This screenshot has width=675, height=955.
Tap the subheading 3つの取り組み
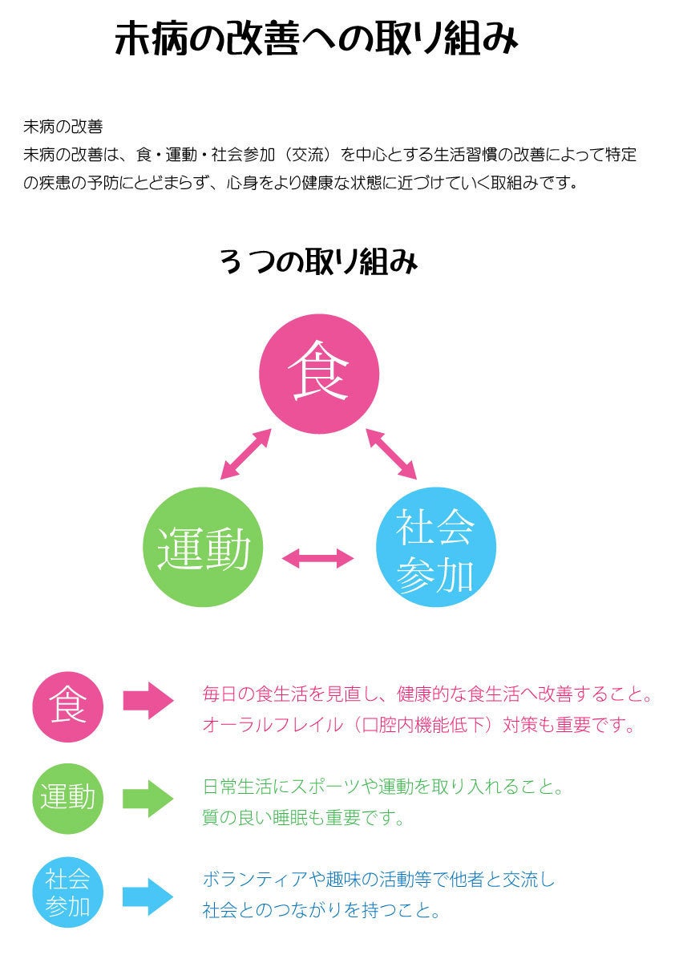tap(318, 263)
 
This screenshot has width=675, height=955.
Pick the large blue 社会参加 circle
tap(435, 548)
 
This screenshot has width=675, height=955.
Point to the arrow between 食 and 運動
tap(245, 455)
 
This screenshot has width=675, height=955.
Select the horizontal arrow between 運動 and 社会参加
tap(318, 558)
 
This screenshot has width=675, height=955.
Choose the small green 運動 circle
tap(67, 798)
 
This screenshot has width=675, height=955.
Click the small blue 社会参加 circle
tap(67, 892)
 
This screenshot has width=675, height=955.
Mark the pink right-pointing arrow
tap(148, 700)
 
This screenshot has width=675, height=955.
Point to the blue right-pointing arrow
tap(148, 896)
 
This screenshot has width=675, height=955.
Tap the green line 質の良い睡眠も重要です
tap(304, 819)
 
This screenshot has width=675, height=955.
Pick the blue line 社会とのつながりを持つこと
tap(321, 911)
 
